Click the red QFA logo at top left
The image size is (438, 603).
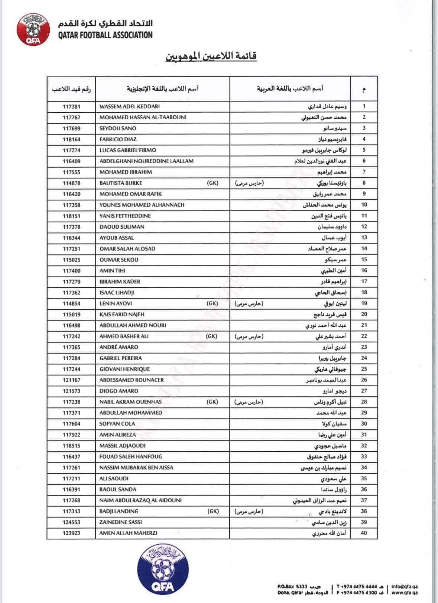coord(33,29)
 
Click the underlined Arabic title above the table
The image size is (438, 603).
coord(211,57)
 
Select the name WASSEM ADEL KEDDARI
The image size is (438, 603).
coord(130,106)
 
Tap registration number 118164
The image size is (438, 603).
coord(72,139)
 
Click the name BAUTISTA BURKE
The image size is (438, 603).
coord(121,183)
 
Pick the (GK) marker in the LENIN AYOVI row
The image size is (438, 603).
coord(212,303)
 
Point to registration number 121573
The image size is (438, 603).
coord(72,391)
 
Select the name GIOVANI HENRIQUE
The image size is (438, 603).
coord(125,369)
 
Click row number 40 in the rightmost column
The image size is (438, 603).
coord(364,533)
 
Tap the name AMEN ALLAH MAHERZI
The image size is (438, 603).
coord(128,533)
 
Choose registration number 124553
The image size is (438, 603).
coord(72,522)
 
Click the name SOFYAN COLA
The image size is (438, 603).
coord(117,424)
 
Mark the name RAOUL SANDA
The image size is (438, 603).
coord(118,490)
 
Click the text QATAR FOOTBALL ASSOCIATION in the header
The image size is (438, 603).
coord(105,35)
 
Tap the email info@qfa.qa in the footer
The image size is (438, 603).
coord(405,586)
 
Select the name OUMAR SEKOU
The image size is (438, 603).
coord(119,260)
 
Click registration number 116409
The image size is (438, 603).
coord(72,161)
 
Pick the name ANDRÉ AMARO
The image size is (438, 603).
coord(119,347)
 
